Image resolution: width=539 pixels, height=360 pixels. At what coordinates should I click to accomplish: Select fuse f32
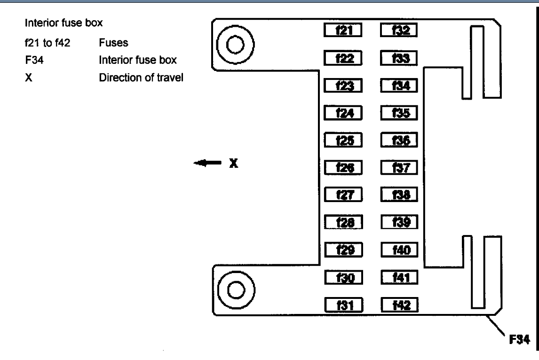pyautogui.click(x=399, y=31)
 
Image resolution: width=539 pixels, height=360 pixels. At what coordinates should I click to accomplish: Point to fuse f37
pyautogui.click(x=399, y=167)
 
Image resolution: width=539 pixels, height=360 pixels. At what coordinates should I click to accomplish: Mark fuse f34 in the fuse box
pyautogui.click(x=399, y=86)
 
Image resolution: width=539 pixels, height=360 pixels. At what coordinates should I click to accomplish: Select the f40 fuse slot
pyautogui.click(x=399, y=250)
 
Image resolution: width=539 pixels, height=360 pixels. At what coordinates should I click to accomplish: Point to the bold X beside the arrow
pyautogui.click(x=234, y=163)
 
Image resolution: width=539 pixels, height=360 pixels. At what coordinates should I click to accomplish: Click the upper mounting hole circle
pyautogui.click(x=235, y=45)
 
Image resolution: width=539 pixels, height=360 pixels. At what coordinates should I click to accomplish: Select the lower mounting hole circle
pyautogui.click(x=235, y=288)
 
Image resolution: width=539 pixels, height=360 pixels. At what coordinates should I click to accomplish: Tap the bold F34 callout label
pyautogui.click(x=521, y=339)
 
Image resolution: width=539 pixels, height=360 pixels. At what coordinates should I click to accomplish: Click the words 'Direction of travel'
pyautogui.click(x=141, y=77)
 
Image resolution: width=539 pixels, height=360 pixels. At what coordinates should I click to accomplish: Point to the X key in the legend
pyautogui.click(x=28, y=77)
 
